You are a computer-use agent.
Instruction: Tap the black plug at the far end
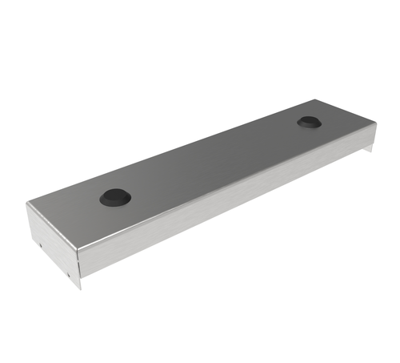tap(308, 123)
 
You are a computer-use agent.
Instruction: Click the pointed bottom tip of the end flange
tap(78, 288)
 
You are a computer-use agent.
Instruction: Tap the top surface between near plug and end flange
tap(76, 212)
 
